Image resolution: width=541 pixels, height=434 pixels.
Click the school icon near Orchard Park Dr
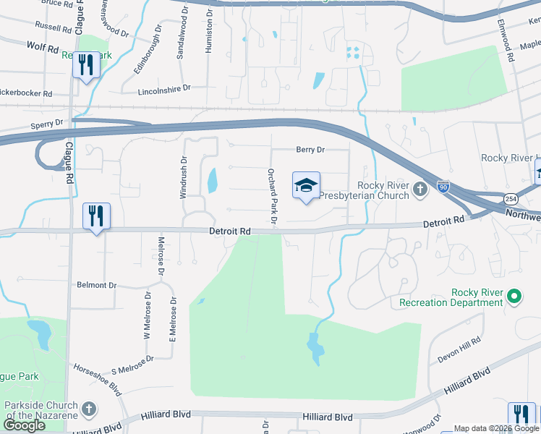[x=306, y=185]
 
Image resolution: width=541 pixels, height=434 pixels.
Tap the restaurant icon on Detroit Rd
[x=95, y=216]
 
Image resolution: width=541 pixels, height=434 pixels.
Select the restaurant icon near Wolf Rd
[x=86, y=65]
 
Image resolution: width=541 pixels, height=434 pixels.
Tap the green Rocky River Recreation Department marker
[x=514, y=296]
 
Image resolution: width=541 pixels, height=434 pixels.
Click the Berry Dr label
[x=310, y=150]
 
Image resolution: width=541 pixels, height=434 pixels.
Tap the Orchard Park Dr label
[x=272, y=197]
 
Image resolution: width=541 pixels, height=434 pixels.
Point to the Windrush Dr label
[x=183, y=177]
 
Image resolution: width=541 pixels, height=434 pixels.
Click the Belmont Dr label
[x=96, y=286]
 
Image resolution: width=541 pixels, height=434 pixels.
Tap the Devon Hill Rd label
[x=459, y=351]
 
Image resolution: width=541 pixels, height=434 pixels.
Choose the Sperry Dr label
[x=48, y=124]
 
